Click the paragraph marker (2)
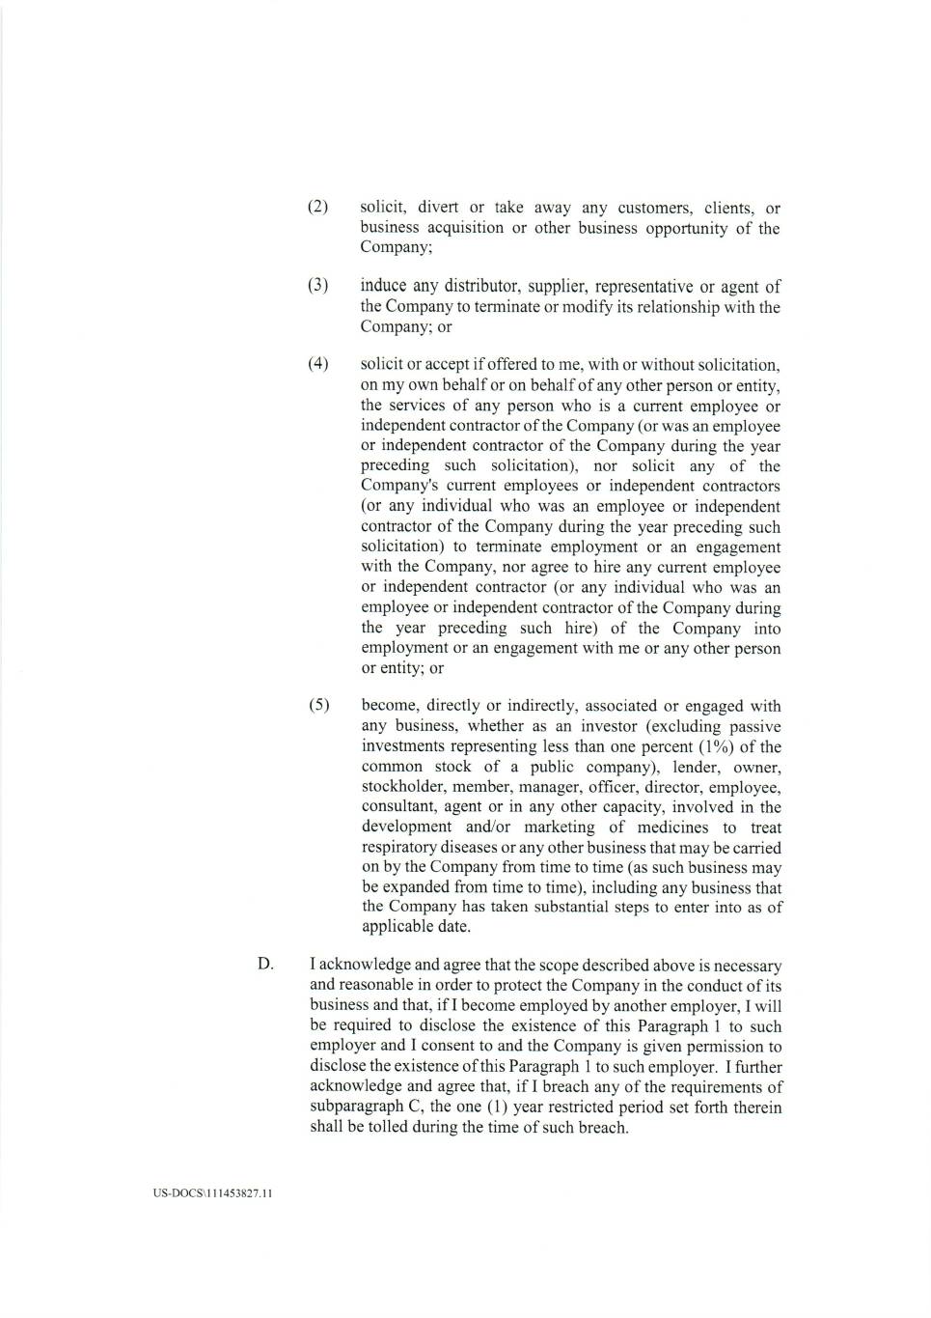tap(317, 208)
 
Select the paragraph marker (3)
tap(317, 286)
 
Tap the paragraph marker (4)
tap(317, 364)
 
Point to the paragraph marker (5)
tap(318, 706)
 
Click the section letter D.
tap(265, 964)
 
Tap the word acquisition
tap(458, 228)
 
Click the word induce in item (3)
tap(383, 286)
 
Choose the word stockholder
tap(402, 787)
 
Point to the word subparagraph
tap(357, 1108)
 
